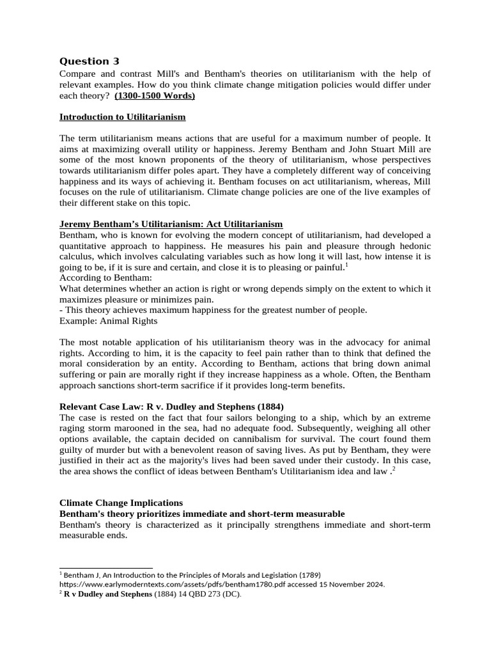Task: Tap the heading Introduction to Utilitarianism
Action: pos(122,117)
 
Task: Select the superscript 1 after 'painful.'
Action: pos(347,264)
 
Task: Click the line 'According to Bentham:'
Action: pos(105,278)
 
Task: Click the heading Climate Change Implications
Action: pos(121,503)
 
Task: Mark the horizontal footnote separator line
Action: pos(105,567)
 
